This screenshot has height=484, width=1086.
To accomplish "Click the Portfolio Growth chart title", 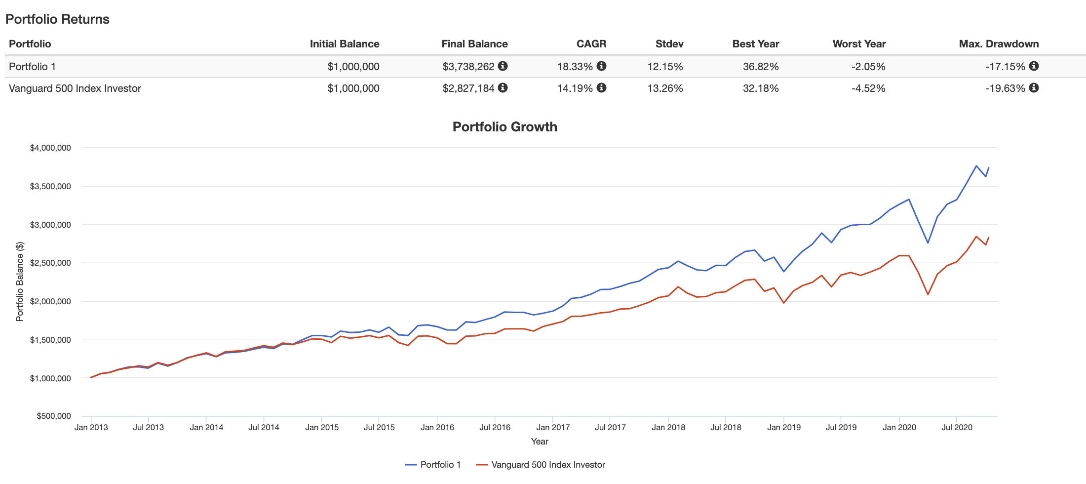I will (504, 127).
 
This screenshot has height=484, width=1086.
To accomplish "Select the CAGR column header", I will (591, 44).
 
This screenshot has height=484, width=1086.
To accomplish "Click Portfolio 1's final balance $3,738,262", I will (468, 67).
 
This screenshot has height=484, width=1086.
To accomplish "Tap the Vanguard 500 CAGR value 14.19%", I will (575, 88).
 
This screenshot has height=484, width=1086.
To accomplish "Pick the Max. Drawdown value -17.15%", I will (1005, 67).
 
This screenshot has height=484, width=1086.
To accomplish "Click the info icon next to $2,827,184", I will (503, 88).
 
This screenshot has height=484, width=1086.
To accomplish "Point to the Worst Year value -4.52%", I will (868, 88).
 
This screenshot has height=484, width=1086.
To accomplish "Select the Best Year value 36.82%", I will (760, 67).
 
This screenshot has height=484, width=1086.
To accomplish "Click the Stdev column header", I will (669, 44).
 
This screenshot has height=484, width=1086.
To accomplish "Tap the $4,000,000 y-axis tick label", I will (50, 148).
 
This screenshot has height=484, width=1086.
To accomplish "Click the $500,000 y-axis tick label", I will (53, 416).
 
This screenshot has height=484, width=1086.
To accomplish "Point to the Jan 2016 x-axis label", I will (437, 428).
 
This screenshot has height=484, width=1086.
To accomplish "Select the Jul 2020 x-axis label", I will (957, 428).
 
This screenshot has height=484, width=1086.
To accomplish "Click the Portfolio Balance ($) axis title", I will (20, 282).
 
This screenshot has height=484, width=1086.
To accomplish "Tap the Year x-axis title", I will (540, 442).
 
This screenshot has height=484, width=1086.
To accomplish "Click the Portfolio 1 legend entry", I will (433, 465).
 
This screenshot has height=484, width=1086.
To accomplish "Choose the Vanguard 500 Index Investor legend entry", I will (541, 465).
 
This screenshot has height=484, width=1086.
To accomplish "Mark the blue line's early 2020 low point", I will (928, 243).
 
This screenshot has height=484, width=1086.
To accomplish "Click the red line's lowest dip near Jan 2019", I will (783, 303).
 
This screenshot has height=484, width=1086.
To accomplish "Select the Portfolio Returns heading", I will (57, 19).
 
